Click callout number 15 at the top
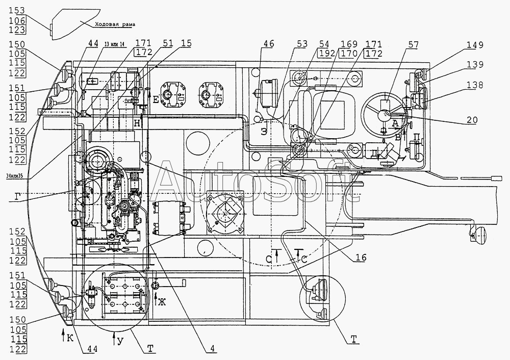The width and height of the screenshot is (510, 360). tap(187, 44)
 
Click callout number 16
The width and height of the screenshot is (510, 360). tap(361, 258)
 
